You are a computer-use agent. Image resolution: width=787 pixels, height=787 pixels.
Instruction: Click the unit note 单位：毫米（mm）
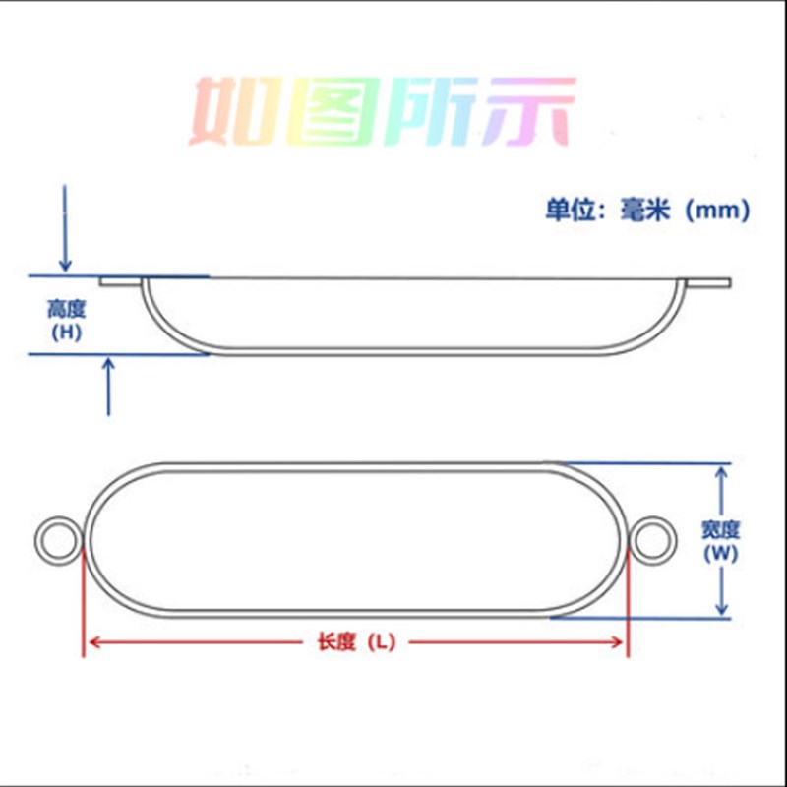coord(648,210)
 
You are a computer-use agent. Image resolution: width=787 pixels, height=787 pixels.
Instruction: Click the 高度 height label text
coord(66,309)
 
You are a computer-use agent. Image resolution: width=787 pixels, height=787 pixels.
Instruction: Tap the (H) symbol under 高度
coord(66,333)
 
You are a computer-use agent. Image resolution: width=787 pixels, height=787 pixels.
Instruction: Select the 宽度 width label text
coord(721,529)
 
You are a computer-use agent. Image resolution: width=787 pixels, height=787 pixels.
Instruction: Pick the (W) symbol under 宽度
coord(721,553)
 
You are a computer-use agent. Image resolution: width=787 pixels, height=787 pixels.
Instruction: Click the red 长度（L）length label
coord(355,642)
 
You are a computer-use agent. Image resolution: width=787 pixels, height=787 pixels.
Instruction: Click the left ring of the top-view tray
coord(57,540)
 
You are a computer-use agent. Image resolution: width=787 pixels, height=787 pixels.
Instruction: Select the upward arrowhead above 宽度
coord(723,473)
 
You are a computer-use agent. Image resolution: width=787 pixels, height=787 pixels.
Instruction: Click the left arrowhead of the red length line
coord(91,642)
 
